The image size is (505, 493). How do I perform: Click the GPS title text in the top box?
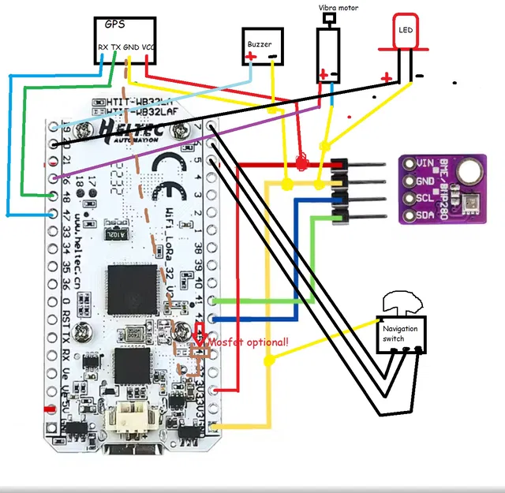coord(114,24)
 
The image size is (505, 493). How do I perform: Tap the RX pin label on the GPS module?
coord(103,48)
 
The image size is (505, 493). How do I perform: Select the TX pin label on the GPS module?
coord(117,48)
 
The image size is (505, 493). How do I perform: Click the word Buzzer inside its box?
coord(260,44)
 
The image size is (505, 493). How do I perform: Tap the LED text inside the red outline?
coord(405,30)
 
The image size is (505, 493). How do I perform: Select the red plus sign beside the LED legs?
coord(386,77)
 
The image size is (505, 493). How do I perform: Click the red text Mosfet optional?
coord(248,342)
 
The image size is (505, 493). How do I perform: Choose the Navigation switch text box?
coord(401,334)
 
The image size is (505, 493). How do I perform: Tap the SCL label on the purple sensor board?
coord(424,198)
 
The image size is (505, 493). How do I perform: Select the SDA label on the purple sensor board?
coord(424,215)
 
